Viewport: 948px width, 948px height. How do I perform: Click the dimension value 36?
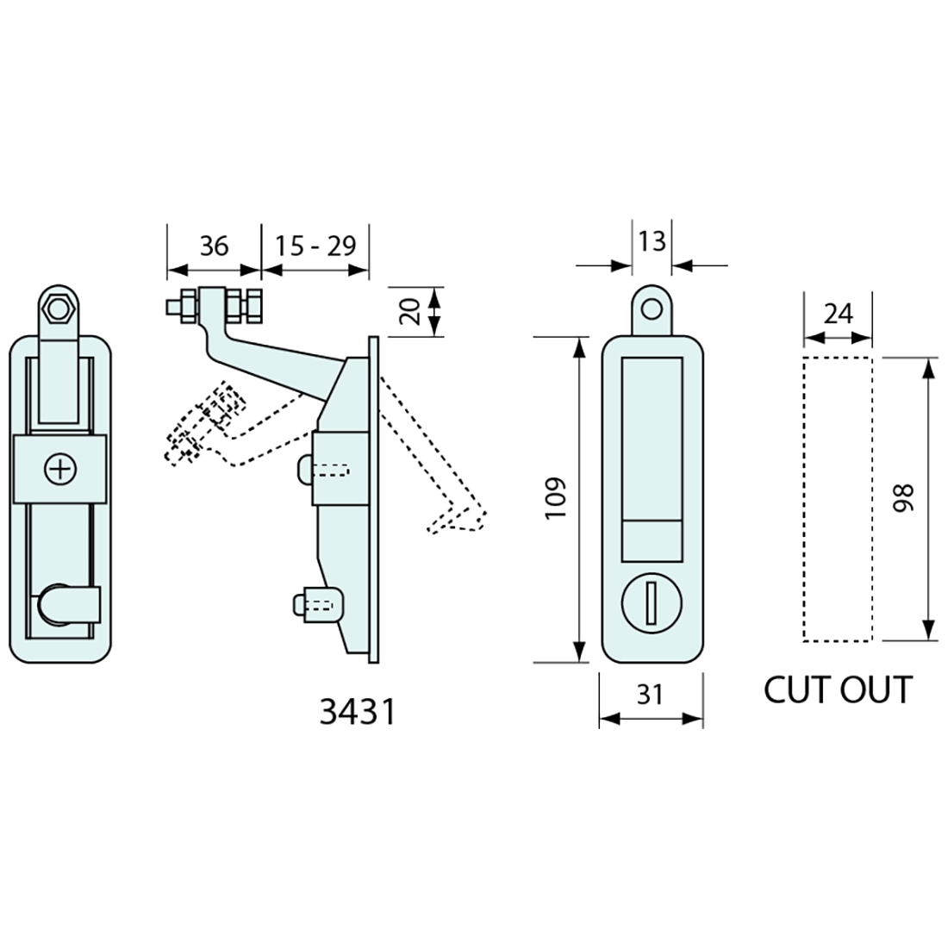coord(214,246)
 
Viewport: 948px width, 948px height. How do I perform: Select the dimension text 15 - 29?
coord(315,246)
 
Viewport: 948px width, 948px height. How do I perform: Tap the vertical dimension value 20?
coord(411,311)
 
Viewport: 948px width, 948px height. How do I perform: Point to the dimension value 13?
coord(652,240)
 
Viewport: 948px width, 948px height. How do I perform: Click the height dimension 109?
coord(556,498)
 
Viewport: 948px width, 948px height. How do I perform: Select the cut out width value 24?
coord(838,314)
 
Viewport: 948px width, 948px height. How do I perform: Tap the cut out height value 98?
coord(902,499)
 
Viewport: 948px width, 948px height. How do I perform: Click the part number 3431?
coord(358,712)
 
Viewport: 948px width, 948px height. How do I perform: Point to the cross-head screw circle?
coord(60,469)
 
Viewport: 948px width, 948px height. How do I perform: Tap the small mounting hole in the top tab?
coord(652,308)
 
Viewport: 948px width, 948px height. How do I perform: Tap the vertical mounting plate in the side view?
coord(373,500)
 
